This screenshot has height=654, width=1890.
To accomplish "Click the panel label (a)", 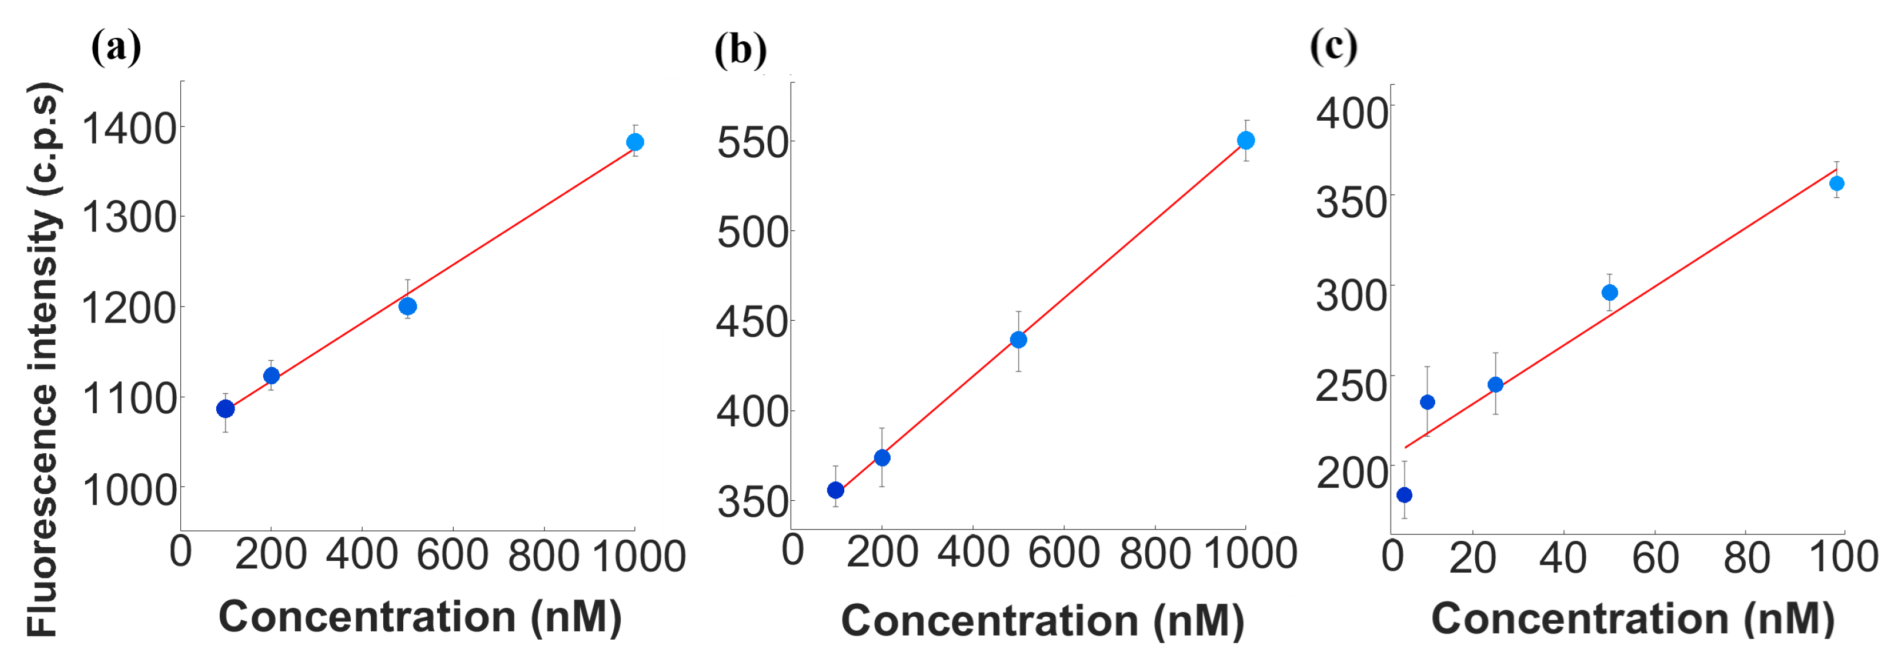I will (x=116, y=49).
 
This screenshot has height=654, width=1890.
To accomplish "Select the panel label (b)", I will (x=740, y=50).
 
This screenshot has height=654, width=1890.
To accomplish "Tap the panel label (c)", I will (x=1333, y=47).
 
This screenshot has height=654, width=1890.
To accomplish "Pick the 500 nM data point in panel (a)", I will (x=408, y=306).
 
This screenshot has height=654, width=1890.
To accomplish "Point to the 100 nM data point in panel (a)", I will (x=226, y=408).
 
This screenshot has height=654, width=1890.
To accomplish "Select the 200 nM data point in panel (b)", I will (x=882, y=457).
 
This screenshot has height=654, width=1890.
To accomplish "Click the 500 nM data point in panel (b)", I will (x=1018, y=340).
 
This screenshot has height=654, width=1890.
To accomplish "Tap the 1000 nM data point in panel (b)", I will (x=1246, y=140).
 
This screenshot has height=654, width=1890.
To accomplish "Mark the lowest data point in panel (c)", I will (x=1404, y=495).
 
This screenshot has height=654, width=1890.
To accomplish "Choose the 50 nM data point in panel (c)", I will (x=1610, y=293).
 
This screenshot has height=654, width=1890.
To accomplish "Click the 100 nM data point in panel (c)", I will (x=1836, y=184).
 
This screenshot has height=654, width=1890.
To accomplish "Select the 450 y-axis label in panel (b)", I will (x=752, y=322).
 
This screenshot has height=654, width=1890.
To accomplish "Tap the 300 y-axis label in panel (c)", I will (x=1352, y=295).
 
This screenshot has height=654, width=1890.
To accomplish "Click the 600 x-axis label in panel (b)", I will (x=1063, y=552).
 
